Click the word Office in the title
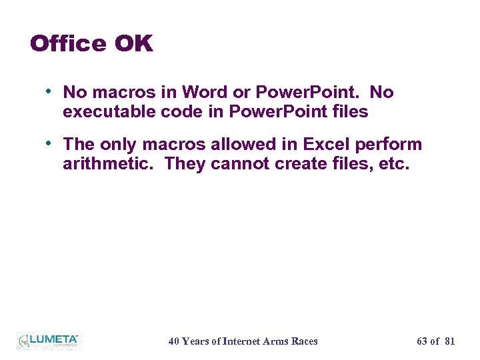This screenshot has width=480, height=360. tap(68, 44)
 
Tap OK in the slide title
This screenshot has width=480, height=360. tap(133, 44)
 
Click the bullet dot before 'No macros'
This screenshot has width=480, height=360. tap(50, 91)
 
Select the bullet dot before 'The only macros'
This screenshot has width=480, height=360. tap(50, 143)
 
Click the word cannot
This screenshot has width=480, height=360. tap(239, 163)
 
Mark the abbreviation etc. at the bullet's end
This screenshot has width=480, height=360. tap(392, 163)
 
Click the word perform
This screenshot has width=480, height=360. tap(395, 145)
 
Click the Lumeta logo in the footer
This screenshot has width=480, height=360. tap(48, 341)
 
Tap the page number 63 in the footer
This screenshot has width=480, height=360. tap(422, 341)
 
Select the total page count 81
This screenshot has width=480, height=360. tap(449, 341)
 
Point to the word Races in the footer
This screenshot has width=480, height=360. tap(304, 341)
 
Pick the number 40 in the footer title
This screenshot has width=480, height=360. tap(174, 341)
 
